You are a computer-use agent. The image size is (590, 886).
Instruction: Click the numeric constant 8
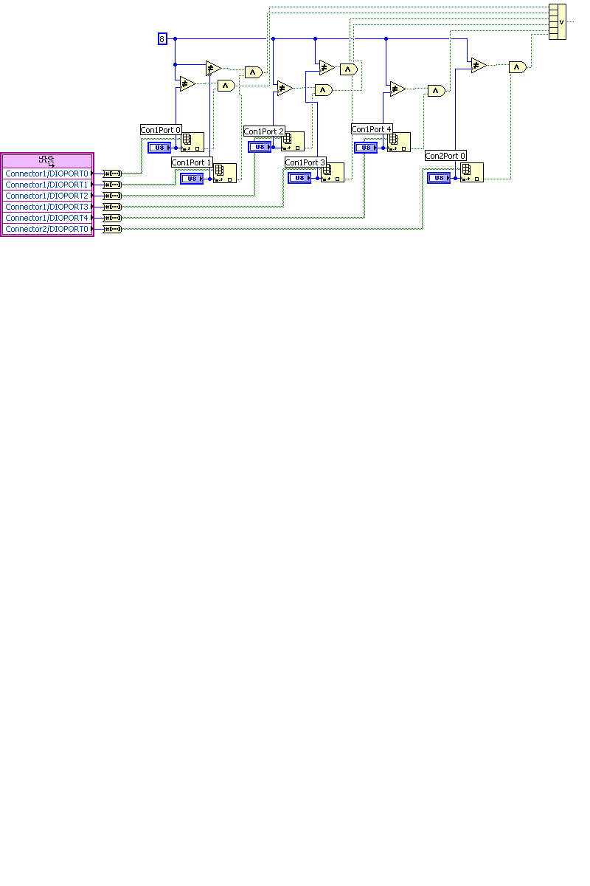coord(162,38)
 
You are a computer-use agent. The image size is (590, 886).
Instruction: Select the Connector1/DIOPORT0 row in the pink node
coord(47,174)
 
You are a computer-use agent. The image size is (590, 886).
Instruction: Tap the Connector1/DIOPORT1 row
coord(47,185)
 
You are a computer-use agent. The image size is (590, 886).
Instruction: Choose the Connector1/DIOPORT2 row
coord(47,196)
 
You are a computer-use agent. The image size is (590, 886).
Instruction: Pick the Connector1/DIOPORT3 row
coord(47,207)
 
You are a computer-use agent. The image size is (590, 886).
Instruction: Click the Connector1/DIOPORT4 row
coord(47,218)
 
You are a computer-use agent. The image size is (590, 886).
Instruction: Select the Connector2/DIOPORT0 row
coord(47,229)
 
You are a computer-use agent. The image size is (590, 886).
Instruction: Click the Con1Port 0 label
coord(161,130)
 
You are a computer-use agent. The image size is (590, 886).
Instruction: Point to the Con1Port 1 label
coord(192,162)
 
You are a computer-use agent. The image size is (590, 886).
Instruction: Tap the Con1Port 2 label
coord(264,131)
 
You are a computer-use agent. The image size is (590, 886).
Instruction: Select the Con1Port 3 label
coord(305,162)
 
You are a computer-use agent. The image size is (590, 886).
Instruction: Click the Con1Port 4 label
coord(372,129)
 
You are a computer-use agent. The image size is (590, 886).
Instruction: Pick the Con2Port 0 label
coord(445,156)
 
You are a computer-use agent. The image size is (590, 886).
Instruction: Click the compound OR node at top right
coord(558,21)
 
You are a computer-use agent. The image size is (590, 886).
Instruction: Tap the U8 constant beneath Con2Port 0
coord(439,178)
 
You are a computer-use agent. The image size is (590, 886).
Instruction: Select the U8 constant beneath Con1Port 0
coord(159,148)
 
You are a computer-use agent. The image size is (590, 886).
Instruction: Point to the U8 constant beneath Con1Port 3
coord(299,178)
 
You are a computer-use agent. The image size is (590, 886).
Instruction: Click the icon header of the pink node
coord(47,160)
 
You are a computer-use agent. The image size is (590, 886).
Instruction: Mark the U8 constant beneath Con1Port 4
coord(366,148)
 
